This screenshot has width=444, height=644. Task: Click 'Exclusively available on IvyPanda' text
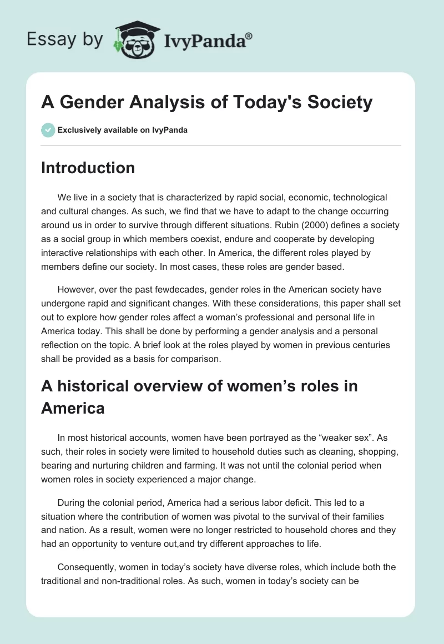(122, 130)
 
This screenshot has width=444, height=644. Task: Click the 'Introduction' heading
(88, 168)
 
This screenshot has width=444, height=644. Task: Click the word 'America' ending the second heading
(73, 408)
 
